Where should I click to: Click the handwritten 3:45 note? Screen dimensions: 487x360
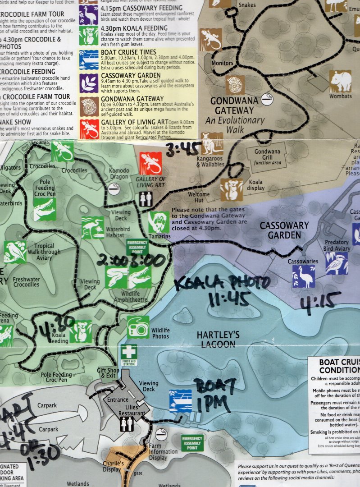point(183,148)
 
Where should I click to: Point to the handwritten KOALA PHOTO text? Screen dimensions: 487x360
point(222,283)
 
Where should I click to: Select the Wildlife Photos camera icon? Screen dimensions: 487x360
point(138,326)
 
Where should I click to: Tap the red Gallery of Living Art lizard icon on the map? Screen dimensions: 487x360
point(150,163)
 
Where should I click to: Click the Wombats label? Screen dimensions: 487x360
point(340,96)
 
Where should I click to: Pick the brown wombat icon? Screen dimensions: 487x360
point(340,81)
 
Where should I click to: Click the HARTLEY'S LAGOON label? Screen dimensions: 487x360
point(218,339)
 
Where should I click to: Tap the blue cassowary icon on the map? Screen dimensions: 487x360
point(304,276)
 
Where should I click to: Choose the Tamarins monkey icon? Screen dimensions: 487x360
point(159,222)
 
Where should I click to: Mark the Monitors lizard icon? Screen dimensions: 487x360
point(211,40)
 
